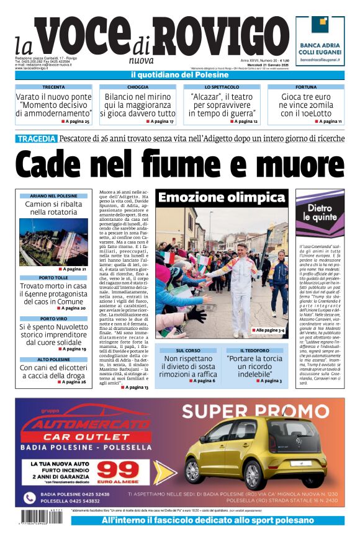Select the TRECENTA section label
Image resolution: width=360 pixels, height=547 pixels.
(53, 87)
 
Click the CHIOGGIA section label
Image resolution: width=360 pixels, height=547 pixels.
(138, 87)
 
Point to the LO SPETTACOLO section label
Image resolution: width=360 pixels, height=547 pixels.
(222, 87)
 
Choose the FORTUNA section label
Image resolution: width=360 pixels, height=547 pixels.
(306, 87)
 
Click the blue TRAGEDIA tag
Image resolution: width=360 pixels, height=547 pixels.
(37, 138)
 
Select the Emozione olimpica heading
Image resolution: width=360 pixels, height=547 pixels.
(221, 198)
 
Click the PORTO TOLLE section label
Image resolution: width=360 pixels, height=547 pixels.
(53, 277)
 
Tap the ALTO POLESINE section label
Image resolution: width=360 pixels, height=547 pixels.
(53, 359)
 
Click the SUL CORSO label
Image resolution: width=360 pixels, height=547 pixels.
(188, 350)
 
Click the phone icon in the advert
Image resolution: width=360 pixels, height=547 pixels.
(29, 497)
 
